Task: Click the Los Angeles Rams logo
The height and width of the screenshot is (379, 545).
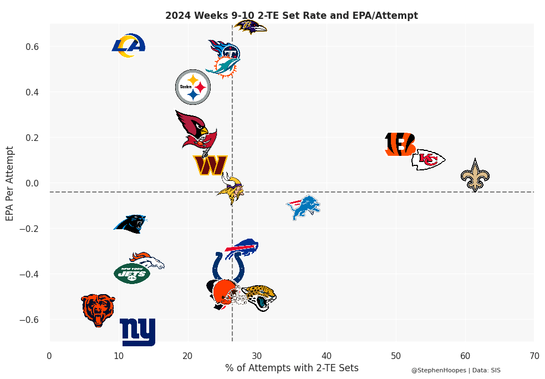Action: tap(129, 46)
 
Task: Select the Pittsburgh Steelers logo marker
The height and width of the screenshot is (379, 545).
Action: tap(193, 87)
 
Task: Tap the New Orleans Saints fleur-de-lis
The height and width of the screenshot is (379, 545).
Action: tap(475, 175)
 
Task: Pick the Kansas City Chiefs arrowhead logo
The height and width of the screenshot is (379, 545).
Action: tap(428, 159)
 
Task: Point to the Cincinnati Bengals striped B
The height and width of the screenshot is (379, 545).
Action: tap(400, 144)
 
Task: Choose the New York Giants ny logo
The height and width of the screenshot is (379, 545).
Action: tap(137, 332)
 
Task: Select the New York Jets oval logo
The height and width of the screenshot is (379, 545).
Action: tap(132, 273)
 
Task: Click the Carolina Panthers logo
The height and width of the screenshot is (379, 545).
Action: tap(131, 224)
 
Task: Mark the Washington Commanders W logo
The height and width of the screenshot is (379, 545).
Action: tap(210, 165)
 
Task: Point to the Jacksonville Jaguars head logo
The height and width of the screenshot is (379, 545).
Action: tap(259, 297)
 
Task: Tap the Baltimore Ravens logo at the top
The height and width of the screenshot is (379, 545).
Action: tap(250, 26)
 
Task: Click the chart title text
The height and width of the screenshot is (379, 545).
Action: tap(292, 16)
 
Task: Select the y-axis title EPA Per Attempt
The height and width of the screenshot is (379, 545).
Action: tap(10, 183)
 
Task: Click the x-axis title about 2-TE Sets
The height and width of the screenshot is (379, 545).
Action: tap(292, 368)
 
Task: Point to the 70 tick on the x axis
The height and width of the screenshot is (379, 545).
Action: tap(534, 356)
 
